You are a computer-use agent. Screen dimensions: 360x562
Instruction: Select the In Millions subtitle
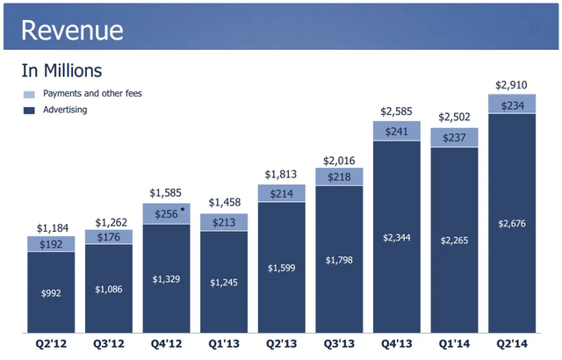pyautogui.click(x=61, y=69)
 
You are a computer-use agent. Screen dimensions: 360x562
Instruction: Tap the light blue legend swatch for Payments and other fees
pyautogui.click(x=29, y=93)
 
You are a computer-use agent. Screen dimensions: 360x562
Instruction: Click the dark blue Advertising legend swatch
pyautogui.click(x=29, y=110)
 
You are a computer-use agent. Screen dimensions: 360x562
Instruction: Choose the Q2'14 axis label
pyautogui.click(x=511, y=345)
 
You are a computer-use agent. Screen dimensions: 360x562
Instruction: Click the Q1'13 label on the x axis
pyautogui.click(x=224, y=345)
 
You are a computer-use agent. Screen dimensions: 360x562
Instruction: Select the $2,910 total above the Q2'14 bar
pyautogui.click(x=511, y=85)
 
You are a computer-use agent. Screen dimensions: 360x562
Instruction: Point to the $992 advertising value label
pyautogui.click(x=51, y=292)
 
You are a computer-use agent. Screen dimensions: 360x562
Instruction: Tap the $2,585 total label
pyautogui.click(x=397, y=112)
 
